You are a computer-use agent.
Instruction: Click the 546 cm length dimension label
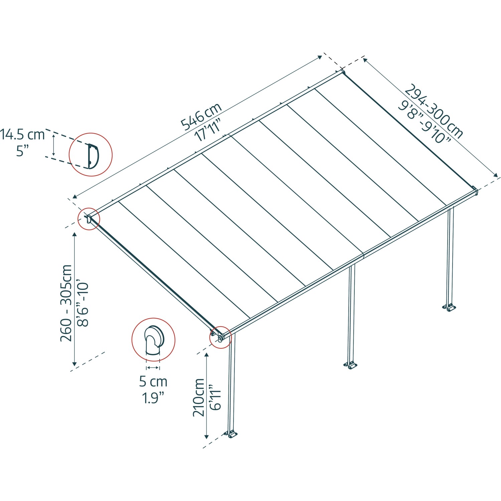click(201, 116)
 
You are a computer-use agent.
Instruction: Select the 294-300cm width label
click(434, 111)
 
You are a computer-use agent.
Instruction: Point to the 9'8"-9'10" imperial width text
click(424, 122)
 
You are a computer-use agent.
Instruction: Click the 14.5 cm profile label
click(22, 135)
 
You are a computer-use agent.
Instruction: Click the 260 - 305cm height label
click(66, 303)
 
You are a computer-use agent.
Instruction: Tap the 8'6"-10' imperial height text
click(82, 304)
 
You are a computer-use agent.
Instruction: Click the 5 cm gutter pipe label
click(153, 381)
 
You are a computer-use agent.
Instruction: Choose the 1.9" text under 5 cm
click(153, 398)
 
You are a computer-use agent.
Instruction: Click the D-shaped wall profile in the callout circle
click(93, 155)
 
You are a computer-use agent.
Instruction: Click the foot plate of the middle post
click(351, 365)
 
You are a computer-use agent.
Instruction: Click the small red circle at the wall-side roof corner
click(89, 219)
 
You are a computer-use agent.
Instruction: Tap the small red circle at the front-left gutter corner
click(220, 337)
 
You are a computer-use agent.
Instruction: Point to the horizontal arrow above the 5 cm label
click(153, 367)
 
